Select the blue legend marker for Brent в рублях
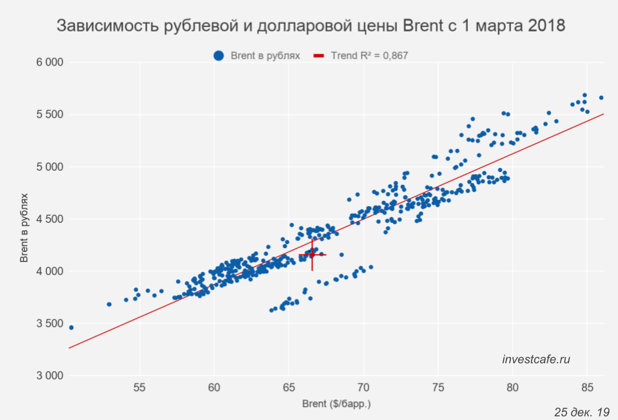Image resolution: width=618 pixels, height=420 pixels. coord(219,56)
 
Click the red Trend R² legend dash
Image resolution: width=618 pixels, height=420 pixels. coord(319,56)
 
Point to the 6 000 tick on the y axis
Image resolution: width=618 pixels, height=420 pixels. coord(49,62)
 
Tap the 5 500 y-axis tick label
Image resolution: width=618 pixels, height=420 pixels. coord(49,115)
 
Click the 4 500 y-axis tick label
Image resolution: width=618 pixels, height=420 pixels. coord(49,219)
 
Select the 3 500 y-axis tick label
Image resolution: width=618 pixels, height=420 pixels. coord(49,323)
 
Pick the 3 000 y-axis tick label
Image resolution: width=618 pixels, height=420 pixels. coord(49,376)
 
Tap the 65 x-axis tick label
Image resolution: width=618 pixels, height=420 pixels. coord(289,388)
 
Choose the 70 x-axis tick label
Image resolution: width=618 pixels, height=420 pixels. coord(363,388)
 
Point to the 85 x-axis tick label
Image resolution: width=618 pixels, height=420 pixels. coord(587,388)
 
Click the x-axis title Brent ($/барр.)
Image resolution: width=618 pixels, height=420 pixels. coord(336,405)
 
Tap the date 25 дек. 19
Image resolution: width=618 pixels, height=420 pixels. coord(581,412)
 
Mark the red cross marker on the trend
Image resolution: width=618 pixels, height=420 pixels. coord(312,255)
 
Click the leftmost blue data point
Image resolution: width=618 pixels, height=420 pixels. coord(71,328)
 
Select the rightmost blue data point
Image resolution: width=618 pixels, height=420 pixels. coord(601,98)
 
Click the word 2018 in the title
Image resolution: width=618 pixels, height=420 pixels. coord(545,26)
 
